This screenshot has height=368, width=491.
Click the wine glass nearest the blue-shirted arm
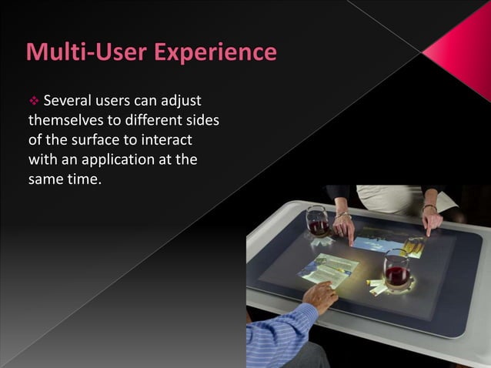click(396, 269)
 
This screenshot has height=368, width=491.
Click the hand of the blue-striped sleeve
click(320, 294)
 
